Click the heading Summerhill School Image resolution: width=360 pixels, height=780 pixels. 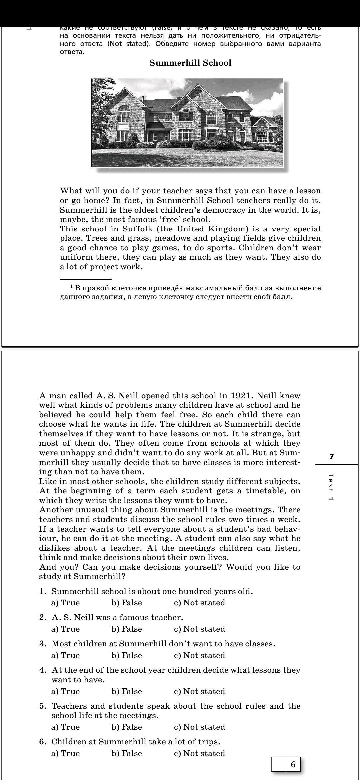pyautogui.click(x=190, y=63)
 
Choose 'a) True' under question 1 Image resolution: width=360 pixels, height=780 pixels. pyautogui.click(x=66, y=603)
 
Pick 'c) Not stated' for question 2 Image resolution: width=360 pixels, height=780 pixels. pyautogui.click(x=199, y=629)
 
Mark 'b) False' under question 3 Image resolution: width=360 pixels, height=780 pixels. pyautogui.click(x=127, y=655)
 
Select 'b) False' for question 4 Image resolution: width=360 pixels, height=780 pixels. pyautogui.click(x=127, y=691)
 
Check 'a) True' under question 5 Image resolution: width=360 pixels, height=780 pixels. pyautogui.click(x=66, y=727)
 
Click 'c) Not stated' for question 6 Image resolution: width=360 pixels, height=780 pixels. pyautogui.click(x=199, y=753)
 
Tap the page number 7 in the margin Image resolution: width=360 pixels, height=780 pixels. pyautogui.click(x=331, y=457)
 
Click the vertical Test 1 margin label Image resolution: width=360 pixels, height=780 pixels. pyautogui.click(x=331, y=487)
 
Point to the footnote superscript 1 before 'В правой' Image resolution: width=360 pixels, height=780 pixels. pyautogui.click(x=71, y=286)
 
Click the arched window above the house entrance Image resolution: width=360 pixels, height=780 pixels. pyautogui.click(x=211, y=117)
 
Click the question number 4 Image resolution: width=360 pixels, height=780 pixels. pyautogui.click(x=42, y=670)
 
